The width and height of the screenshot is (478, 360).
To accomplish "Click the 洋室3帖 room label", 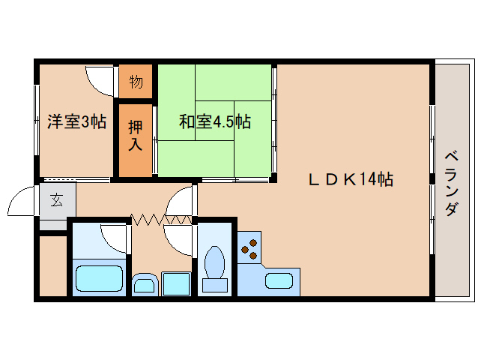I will [x=77, y=121].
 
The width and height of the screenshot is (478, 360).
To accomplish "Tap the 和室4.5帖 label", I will [x=214, y=121].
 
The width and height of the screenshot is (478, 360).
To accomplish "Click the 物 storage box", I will [x=136, y=82].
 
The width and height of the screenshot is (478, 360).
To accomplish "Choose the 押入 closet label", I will [x=136, y=136].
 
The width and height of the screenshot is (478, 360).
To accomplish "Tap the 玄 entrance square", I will [x=57, y=201].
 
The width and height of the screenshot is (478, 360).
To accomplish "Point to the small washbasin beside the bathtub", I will [x=144, y=283].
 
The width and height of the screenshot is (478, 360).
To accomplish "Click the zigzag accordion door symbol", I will [x=160, y=219].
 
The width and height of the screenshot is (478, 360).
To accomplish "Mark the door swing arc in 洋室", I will [x=99, y=78].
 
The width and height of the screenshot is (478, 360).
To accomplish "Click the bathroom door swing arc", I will [x=114, y=238].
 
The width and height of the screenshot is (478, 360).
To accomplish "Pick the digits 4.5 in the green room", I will [x=224, y=121].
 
